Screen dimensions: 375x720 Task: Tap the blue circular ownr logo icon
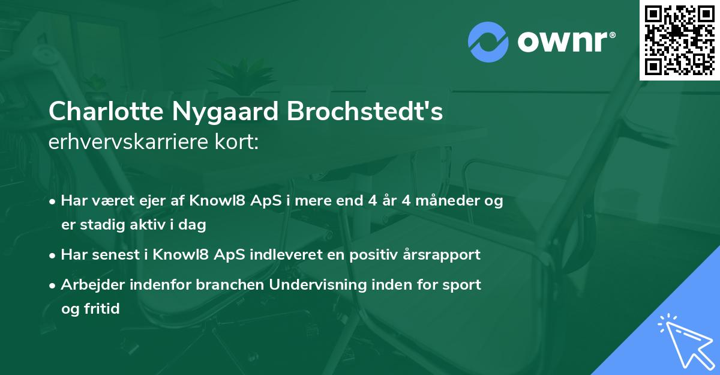click(488, 41)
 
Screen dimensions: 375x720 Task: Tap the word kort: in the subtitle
click(238, 144)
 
